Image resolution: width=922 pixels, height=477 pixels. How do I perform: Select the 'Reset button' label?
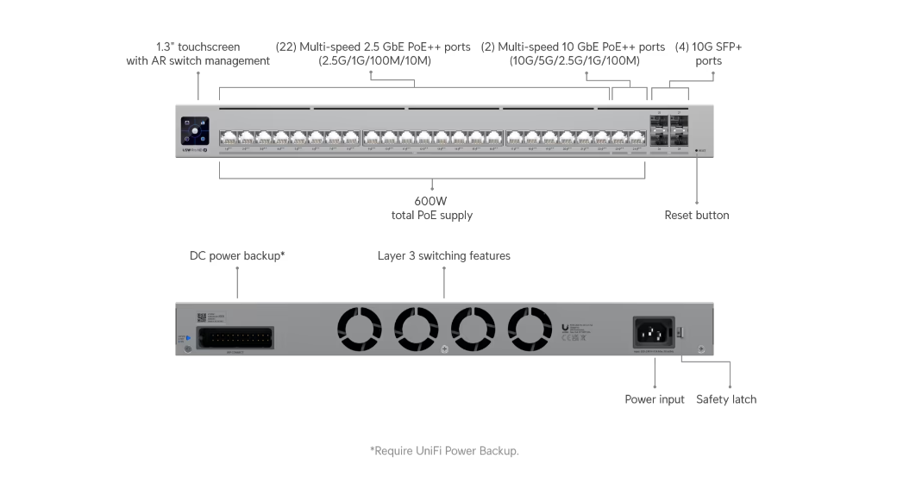696,216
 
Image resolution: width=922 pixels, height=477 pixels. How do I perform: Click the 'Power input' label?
655,399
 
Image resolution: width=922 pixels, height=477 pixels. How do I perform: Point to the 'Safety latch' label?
726,399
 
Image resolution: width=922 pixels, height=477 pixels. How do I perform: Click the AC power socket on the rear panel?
653,330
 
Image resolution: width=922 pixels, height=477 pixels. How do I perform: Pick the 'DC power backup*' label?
237,256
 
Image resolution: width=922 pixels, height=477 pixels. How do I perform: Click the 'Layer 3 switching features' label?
443,256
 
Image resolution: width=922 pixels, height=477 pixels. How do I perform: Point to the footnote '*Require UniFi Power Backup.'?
444,450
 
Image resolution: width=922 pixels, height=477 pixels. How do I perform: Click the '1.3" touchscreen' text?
198,47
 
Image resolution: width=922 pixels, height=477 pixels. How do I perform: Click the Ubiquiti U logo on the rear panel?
564,327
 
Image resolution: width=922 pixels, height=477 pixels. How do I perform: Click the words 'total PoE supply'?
431,216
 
